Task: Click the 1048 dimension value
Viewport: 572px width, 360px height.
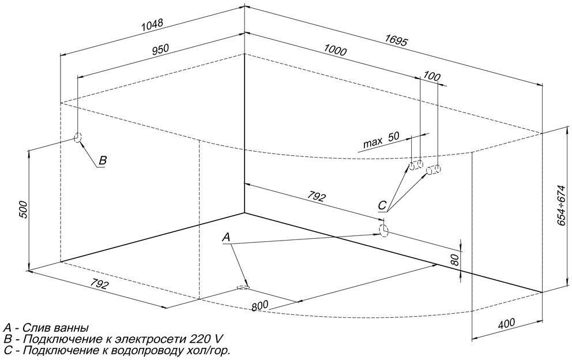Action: tap(152, 25)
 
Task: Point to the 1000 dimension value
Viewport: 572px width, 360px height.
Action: tap(335, 50)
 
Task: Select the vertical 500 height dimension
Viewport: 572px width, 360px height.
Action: tap(23, 209)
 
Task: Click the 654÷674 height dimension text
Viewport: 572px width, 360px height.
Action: tap(562, 205)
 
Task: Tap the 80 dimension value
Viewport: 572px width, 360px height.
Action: tap(454, 260)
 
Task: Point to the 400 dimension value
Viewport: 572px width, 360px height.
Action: tap(506, 323)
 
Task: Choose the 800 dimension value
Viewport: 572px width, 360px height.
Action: tap(259, 305)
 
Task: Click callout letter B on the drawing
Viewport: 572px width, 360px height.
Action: tap(103, 160)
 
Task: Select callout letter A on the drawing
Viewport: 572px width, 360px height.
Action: tap(226, 237)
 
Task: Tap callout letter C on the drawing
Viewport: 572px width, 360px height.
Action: tap(382, 205)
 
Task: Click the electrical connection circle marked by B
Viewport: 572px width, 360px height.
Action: tap(78, 137)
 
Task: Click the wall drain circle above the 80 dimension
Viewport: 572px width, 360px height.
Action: tap(383, 230)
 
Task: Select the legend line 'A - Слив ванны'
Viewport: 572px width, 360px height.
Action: tap(46, 328)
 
